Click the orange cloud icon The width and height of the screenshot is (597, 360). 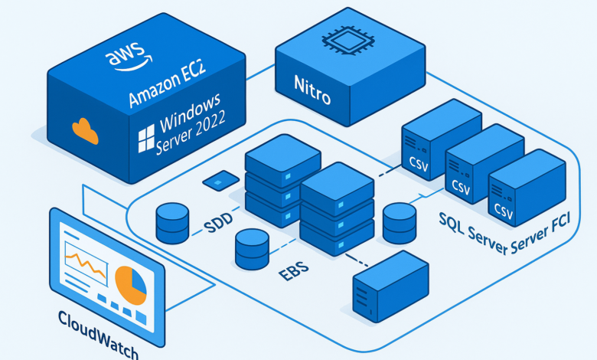point(84,132)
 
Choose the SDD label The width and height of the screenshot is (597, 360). point(219,227)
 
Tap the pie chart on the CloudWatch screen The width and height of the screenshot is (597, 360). point(131,283)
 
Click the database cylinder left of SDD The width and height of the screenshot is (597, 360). point(172,223)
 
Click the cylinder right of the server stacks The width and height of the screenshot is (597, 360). point(399,222)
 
